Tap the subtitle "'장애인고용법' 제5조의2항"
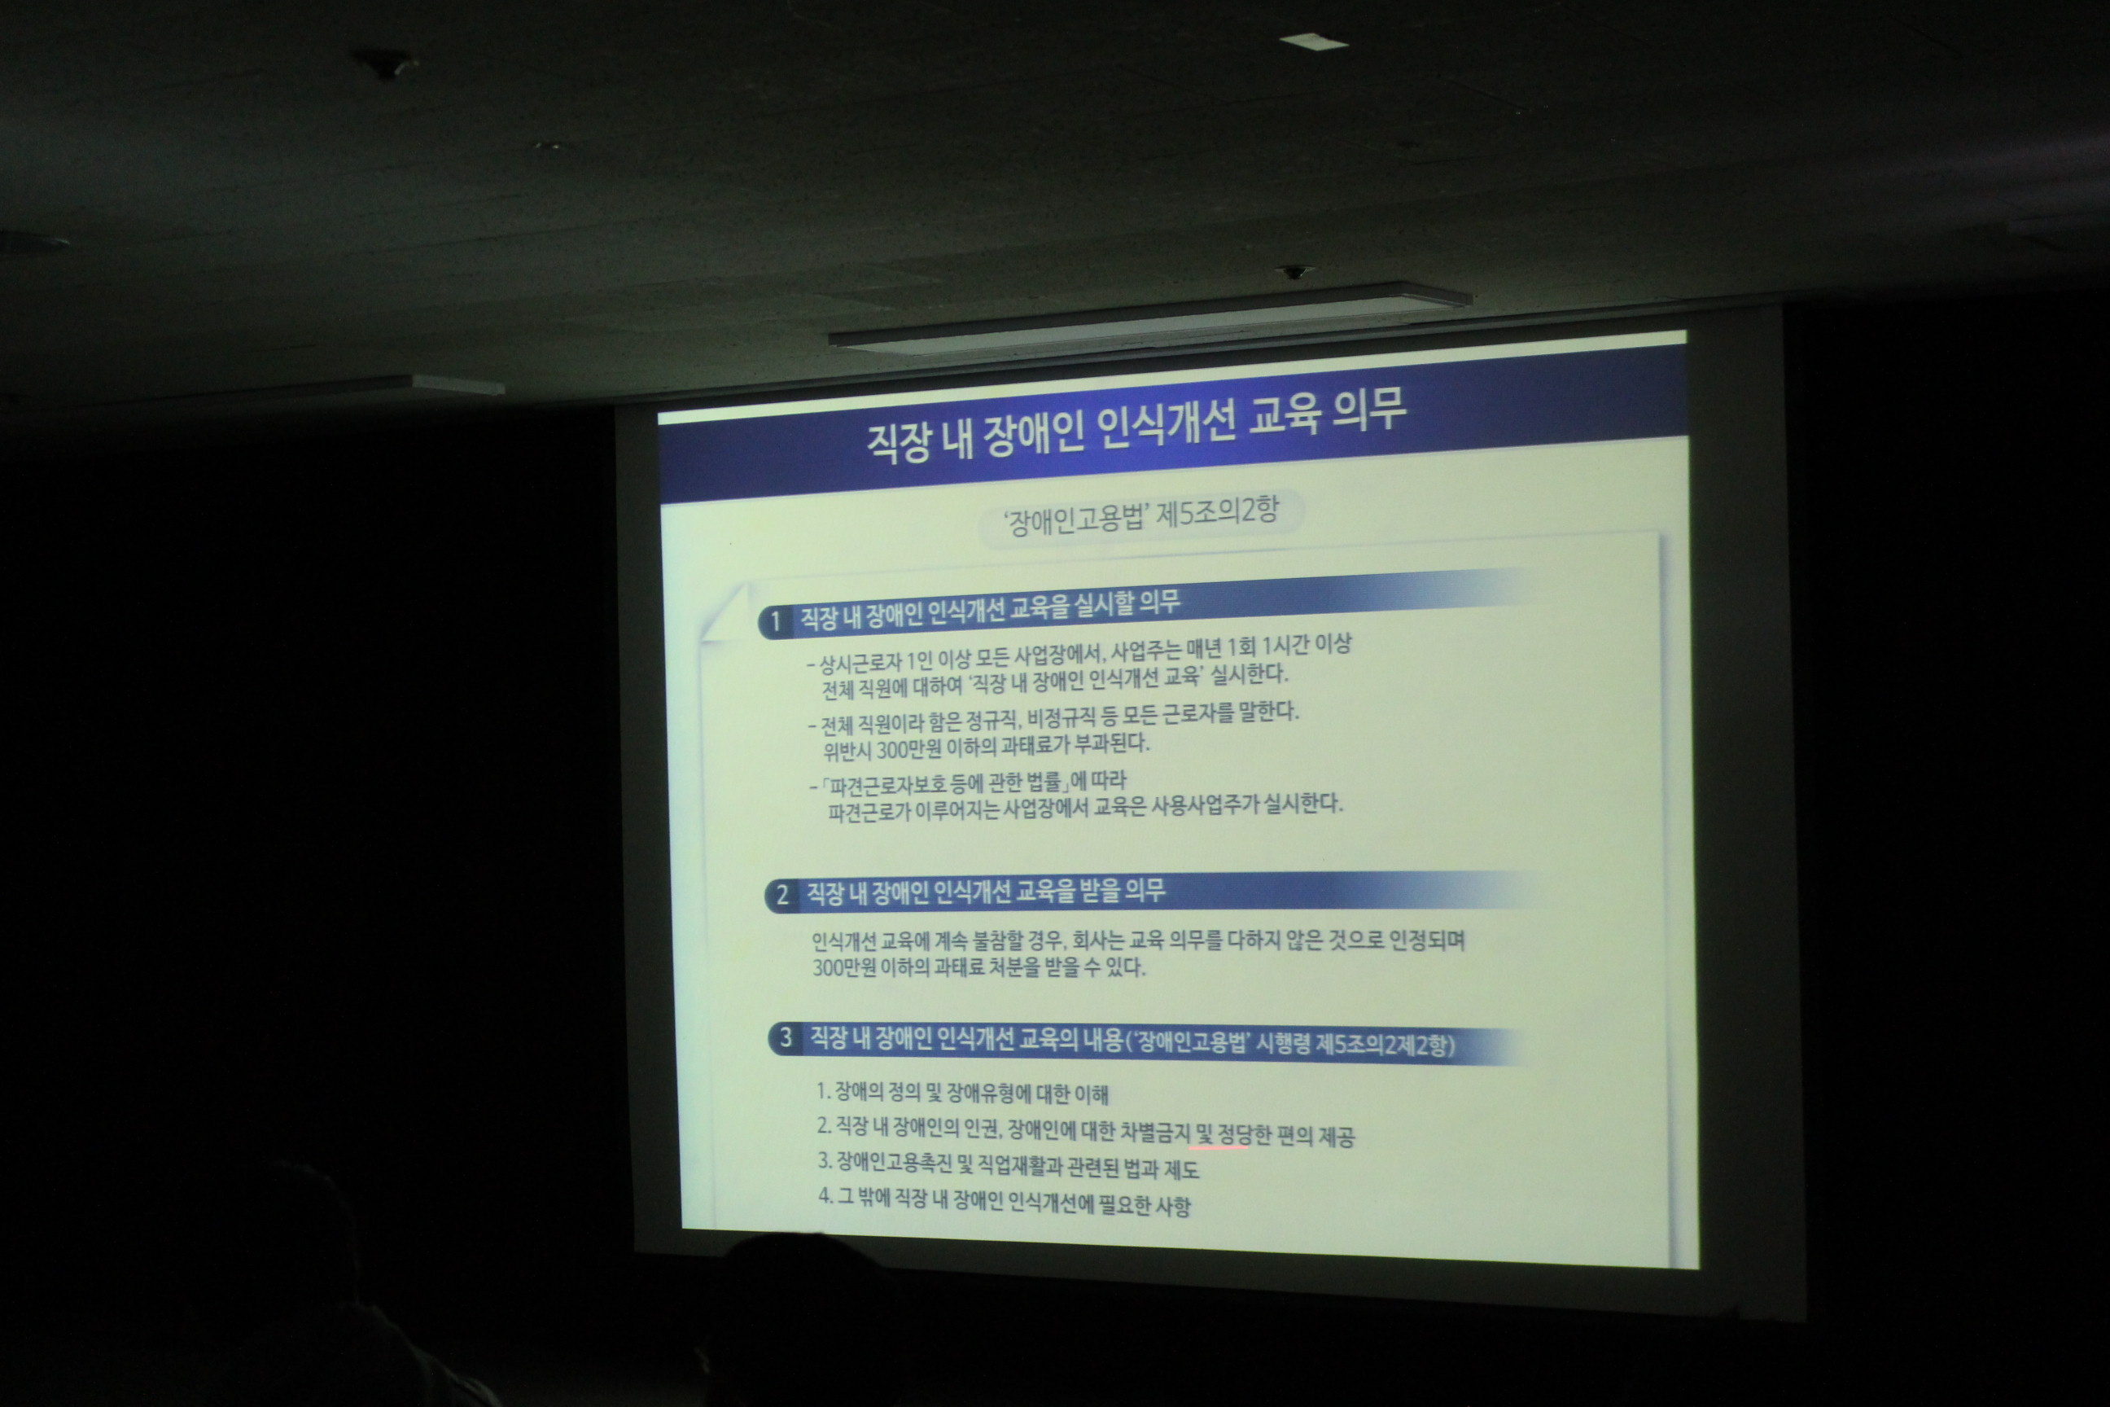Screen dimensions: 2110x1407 point(1141,517)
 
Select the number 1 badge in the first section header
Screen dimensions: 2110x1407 point(776,621)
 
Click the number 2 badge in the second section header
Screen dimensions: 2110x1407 point(781,895)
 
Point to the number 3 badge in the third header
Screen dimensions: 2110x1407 point(786,1038)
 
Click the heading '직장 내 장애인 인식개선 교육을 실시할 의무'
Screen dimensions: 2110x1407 point(990,609)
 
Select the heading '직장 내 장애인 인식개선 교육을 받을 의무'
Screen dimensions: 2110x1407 point(986,892)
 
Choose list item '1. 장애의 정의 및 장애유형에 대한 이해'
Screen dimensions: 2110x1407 point(962,1093)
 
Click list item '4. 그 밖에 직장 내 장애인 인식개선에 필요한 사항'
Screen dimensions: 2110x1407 point(1005,1202)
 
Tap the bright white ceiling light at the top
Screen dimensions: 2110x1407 point(1312,42)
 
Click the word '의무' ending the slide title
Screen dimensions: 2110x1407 point(1369,410)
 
